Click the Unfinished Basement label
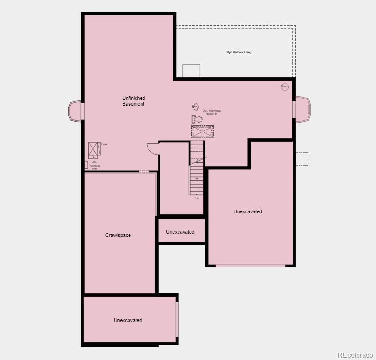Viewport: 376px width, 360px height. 134,101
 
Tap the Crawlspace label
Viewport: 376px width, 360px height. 118,235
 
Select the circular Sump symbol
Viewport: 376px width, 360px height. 284,87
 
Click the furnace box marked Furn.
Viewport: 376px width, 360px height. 94,149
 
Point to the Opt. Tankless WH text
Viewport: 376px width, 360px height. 94,166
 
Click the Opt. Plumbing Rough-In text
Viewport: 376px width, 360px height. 211,112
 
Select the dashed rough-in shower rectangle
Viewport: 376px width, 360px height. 203,131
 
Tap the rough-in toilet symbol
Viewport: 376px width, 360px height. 197,119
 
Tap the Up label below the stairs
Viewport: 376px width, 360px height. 197,198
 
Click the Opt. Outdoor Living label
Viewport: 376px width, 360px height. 239,52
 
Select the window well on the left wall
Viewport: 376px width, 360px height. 75,111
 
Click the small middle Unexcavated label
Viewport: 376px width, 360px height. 180,232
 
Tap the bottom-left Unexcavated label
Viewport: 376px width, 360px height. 128,320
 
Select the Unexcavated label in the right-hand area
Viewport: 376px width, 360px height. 248,211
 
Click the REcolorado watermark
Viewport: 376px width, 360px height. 355,355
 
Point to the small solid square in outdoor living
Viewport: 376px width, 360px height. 191,71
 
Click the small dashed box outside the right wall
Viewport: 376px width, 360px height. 302,158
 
